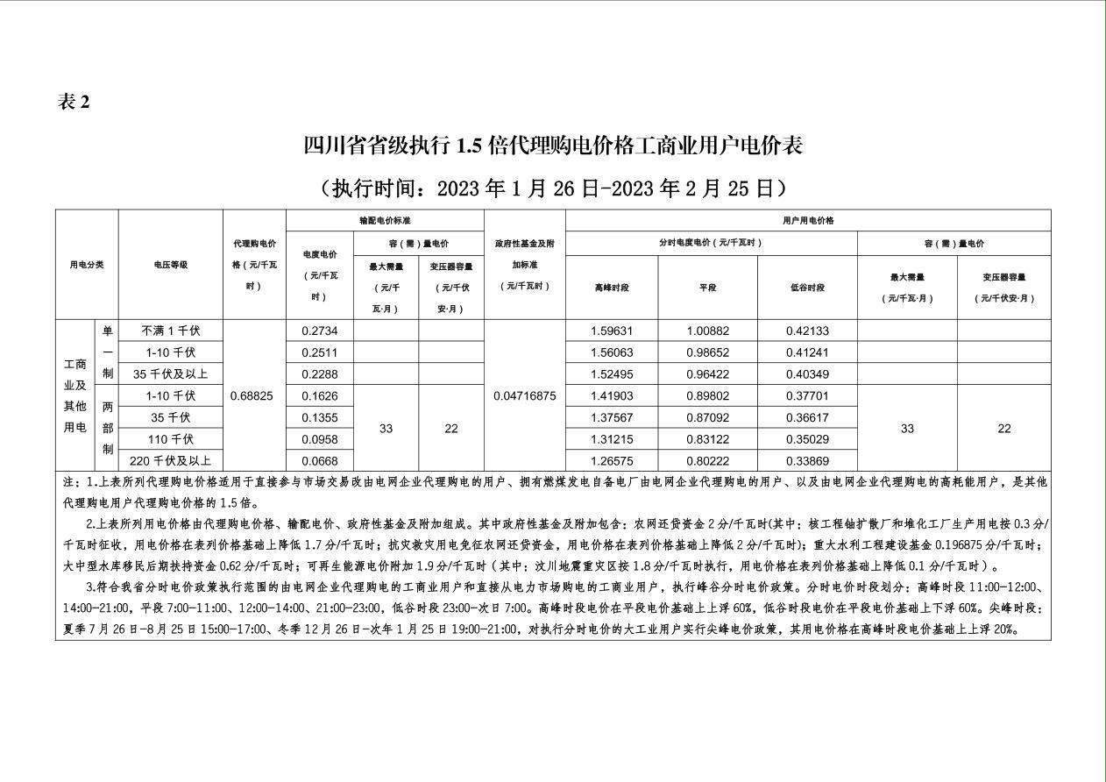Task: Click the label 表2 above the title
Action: click(74, 103)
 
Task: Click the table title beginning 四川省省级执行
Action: click(553, 146)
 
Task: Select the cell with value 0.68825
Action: click(252, 396)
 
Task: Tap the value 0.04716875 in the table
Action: click(525, 396)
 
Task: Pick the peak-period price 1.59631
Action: click(612, 331)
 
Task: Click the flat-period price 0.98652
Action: click(707, 352)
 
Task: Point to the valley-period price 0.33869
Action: click(807, 461)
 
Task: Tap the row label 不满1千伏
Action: click(171, 331)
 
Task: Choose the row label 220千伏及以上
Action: click(171, 461)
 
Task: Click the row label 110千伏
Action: click(171, 439)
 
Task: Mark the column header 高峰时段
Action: click(612, 288)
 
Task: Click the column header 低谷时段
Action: click(807, 288)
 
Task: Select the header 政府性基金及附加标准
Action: click(525, 265)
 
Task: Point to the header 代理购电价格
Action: click(254, 265)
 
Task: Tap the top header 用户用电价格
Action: click(807, 221)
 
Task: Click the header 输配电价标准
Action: click(385, 221)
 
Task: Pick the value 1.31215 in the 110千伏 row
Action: click(612, 439)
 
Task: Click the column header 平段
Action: click(707, 288)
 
